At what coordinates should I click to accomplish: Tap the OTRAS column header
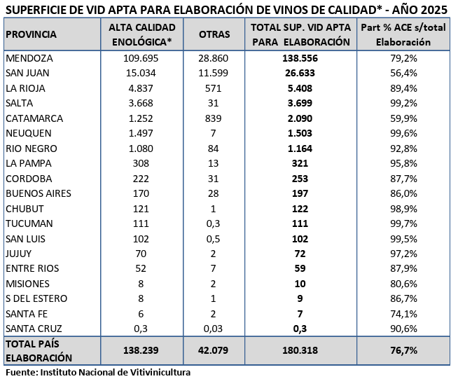coord(214,34)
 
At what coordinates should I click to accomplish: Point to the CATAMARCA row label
coord(34,118)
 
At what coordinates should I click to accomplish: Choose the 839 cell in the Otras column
coord(214,118)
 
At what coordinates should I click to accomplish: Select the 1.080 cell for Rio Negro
coord(141,149)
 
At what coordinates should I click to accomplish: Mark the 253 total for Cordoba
coord(300,178)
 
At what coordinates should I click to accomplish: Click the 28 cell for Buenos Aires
coord(214,193)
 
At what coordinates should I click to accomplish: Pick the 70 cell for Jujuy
coord(141,253)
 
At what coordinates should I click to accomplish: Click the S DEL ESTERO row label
coord(36,298)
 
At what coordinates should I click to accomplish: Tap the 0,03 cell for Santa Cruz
coord(214,328)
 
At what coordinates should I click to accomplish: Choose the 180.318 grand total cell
coord(300,350)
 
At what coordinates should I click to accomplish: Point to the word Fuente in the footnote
coord(21,372)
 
